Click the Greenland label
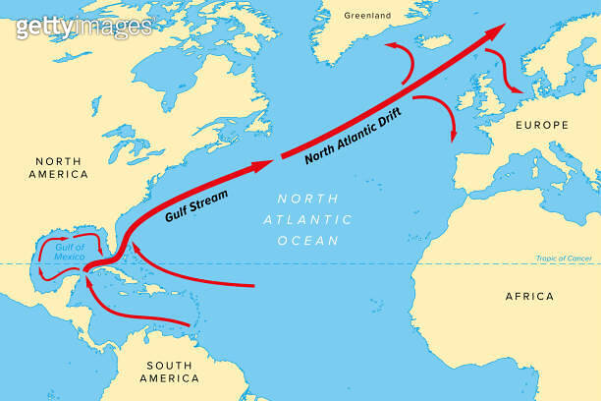point(367,15)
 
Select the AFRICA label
point(529,296)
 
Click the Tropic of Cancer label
point(562,258)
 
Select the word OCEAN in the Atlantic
point(308,240)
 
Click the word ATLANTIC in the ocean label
point(308,218)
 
